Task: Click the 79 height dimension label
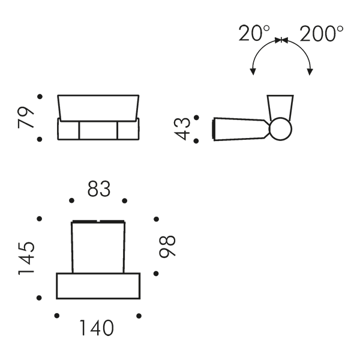[26, 117]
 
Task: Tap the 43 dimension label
[182, 129]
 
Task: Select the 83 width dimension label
[99, 189]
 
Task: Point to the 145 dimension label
[26, 258]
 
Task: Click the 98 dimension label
[167, 247]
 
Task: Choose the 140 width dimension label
[97, 328]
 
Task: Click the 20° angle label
[254, 33]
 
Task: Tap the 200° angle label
[322, 34]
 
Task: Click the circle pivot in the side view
[280, 129]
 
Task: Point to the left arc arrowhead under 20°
[253, 71]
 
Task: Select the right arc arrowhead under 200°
[310, 72]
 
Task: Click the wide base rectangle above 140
[98, 286]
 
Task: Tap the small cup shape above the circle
[280, 108]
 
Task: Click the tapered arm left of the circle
[241, 129]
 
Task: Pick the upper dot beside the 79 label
[40, 97]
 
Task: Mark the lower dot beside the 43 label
[196, 141]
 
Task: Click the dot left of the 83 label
[71, 200]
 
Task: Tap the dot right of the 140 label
[139, 316]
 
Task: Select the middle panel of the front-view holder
[98, 130]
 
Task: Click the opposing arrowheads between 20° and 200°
[281, 40]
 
